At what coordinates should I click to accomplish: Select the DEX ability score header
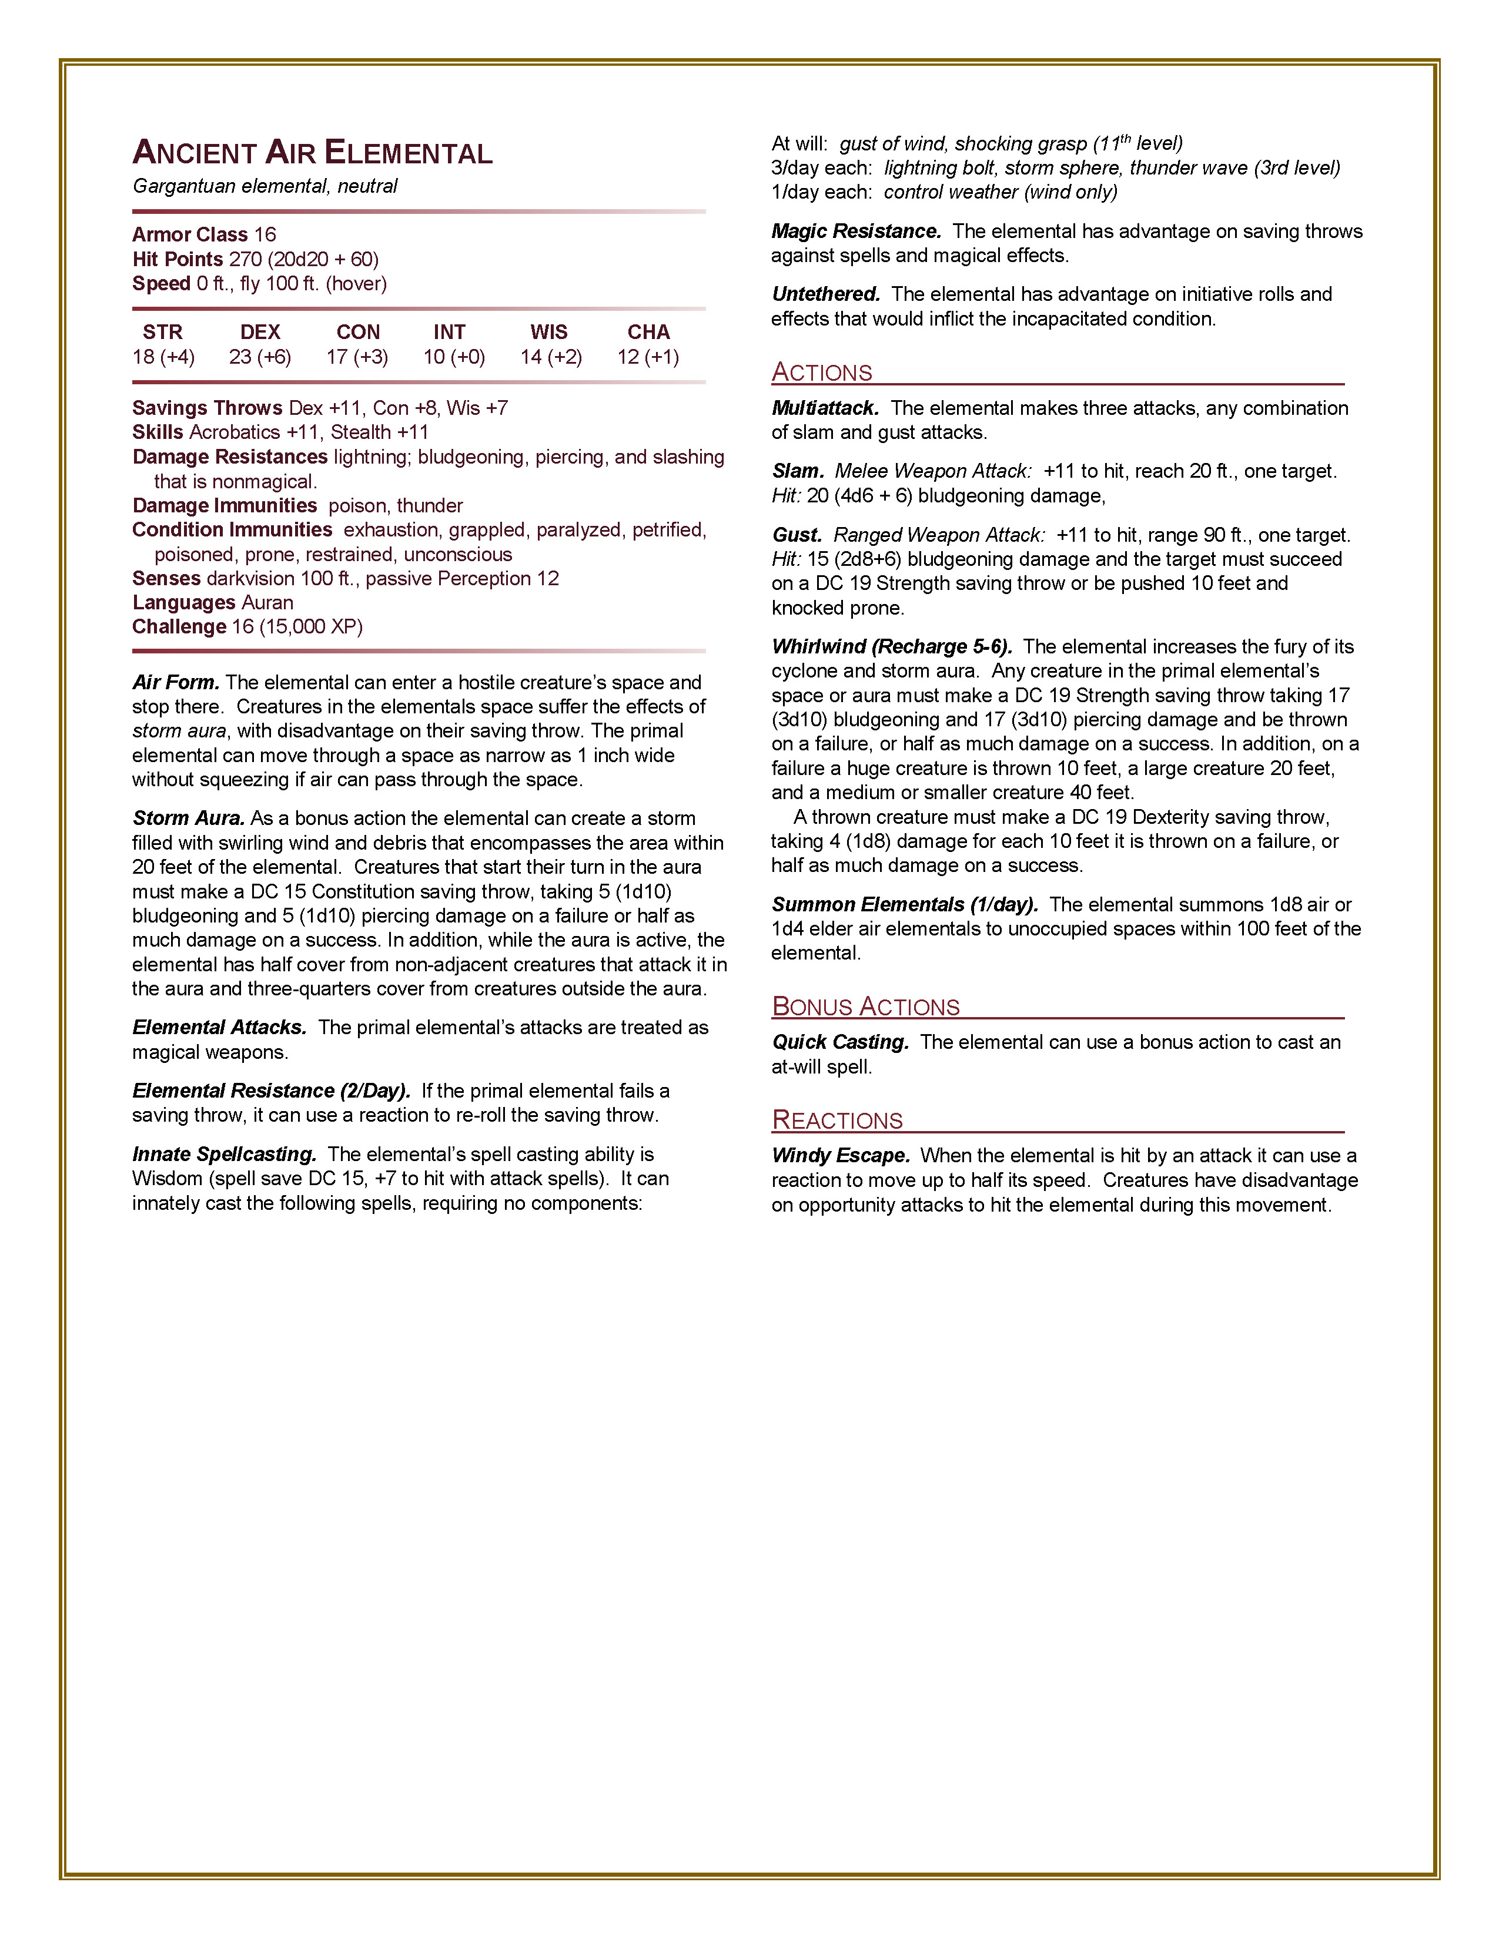click(x=260, y=332)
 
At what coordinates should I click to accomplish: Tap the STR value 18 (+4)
click(x=163, y=357)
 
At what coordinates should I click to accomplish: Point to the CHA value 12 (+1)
click(x=648, y=357)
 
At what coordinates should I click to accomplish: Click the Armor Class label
click(x=190, y=234)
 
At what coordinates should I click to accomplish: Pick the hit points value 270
click(x=245, y=259)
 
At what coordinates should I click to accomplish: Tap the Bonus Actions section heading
click(x=866, y=1006)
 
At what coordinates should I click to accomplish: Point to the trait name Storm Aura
click(x=188, y=818)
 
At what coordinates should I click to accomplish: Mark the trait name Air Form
click(x=176, y=683)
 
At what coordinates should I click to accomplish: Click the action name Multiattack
click(x=825, y=408)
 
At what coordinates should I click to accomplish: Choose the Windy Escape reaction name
click(x=840, y=1156)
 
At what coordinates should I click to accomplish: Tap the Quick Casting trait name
click(x=840, y=1042)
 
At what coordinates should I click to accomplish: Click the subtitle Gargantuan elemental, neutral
click(x=265, y=186)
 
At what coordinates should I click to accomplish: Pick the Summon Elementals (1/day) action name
click(x=904, y=905)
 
